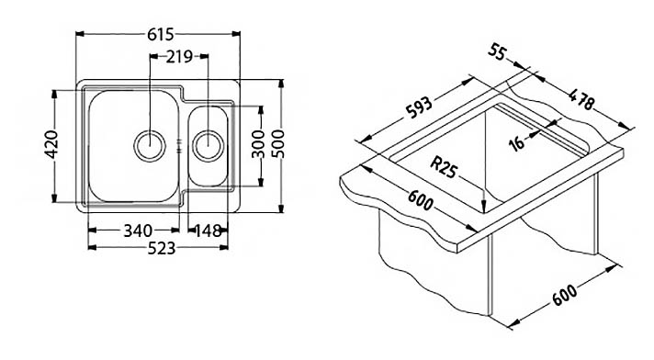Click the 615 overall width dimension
pos(160,34)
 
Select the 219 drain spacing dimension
pos(179,56)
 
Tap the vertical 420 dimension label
pos(51,145)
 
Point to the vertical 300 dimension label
pos(259,144)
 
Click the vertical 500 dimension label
pos(277,144)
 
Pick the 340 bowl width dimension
pos(138,231)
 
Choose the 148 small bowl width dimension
pos(208,231)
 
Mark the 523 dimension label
pos(162,248)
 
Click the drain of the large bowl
pos(150,146)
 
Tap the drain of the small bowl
pos(209,146)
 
